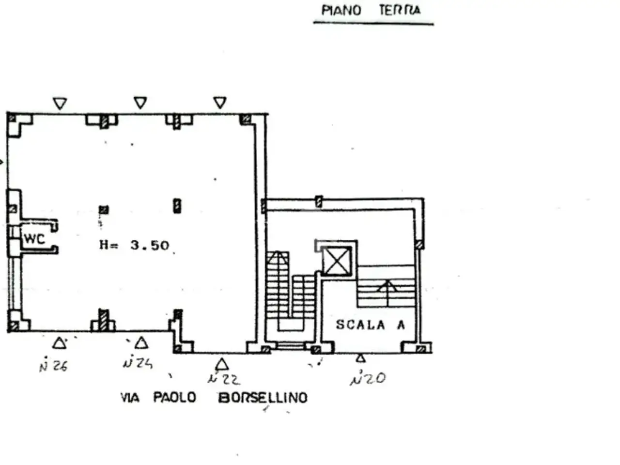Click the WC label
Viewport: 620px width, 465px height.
[34, 239]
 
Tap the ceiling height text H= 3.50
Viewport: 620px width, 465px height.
[134, 245]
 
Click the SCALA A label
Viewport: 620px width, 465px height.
[371, 325]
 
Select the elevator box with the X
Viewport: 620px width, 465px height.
[337, 261]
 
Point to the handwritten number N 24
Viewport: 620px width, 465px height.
[138, 362]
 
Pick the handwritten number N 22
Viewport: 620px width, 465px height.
[224, 379]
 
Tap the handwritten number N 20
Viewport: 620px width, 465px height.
[368, 377]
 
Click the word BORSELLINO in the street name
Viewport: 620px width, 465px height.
[263, 398]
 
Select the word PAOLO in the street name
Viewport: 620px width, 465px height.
[174, 397]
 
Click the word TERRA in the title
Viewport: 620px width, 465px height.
[400, 11]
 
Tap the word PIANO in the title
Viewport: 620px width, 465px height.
[341, 11]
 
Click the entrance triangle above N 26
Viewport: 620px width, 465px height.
[59, 343]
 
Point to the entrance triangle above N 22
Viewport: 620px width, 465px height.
[222, 364]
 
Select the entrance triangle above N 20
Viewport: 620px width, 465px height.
[361, 358]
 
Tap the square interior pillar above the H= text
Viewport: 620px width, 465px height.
[104, 209]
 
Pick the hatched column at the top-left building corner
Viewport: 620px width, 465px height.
[12, 118]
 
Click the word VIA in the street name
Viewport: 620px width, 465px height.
[130, 398]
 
